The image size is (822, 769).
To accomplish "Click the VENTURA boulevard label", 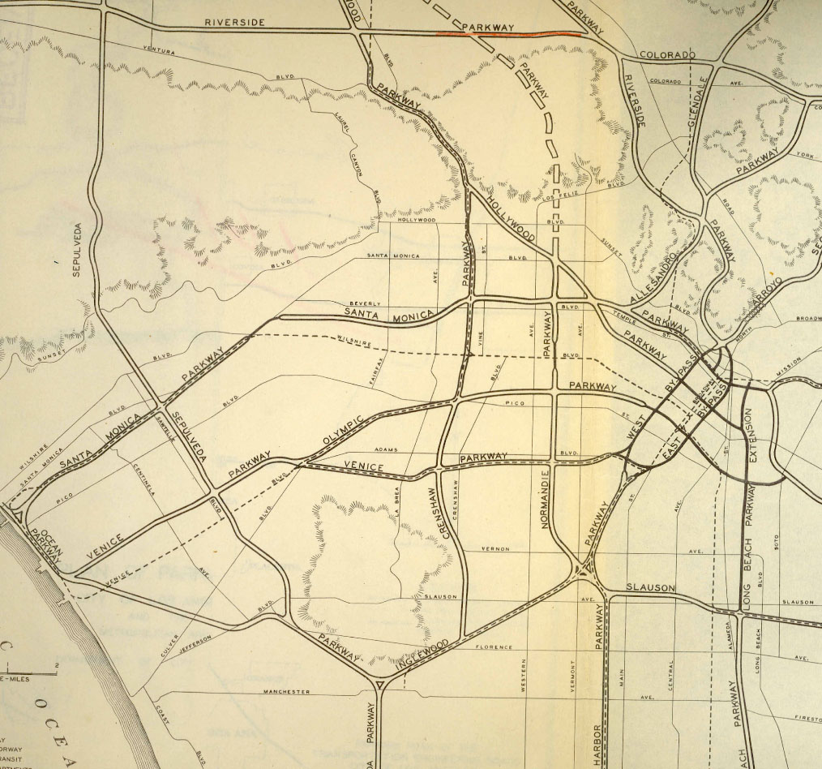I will coord(158,51).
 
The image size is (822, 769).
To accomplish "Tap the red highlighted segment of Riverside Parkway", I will coord(509,34).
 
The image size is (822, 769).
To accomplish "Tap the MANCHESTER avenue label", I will coord(286,692).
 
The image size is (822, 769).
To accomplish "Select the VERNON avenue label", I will coord(495,549).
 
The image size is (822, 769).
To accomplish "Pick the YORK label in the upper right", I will coord(805,154).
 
